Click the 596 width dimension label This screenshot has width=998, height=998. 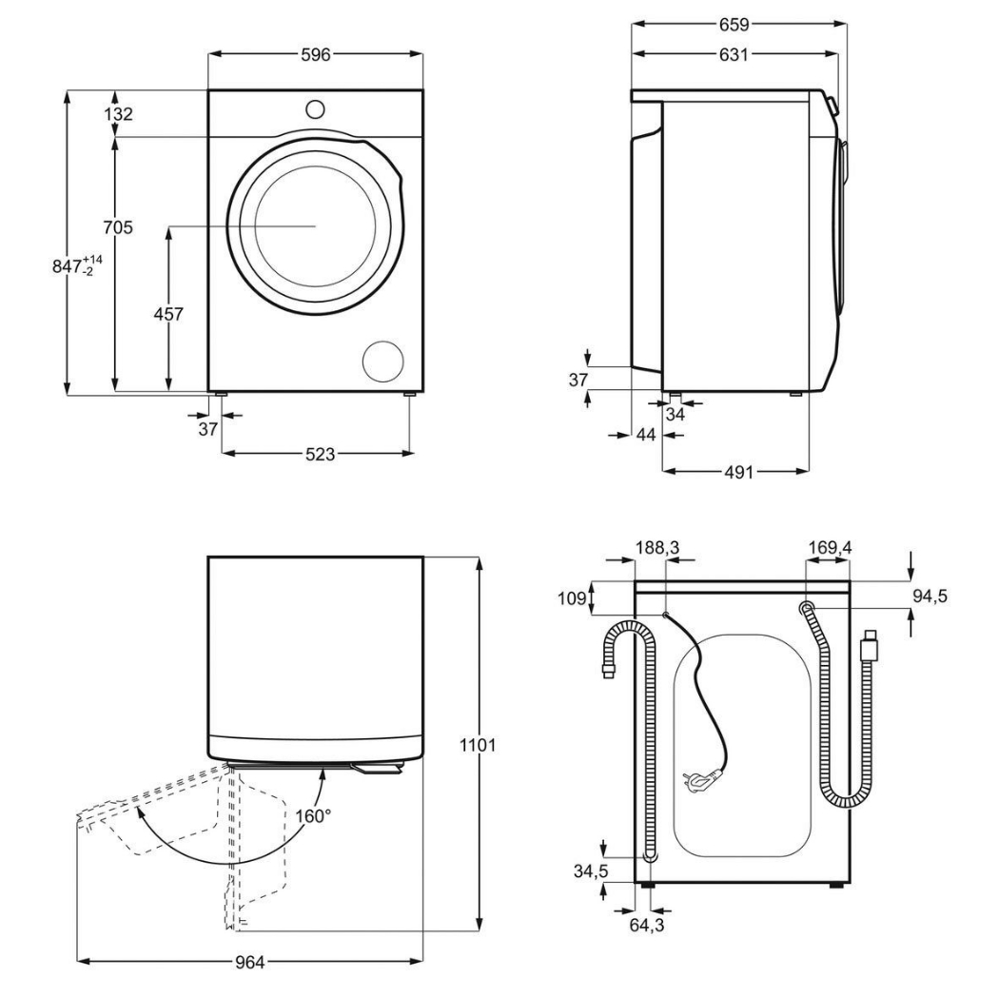coord(316,55)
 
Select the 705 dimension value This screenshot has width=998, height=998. coord(118,226)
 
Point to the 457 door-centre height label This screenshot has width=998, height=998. coord(168,313)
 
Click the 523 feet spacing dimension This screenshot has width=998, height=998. coord(320,454)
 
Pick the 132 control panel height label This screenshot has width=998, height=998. coord(118,114)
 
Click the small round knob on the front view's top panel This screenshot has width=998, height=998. coord(314,108)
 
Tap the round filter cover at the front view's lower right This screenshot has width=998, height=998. coord(383,362)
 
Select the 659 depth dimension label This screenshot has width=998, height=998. coord(734,24)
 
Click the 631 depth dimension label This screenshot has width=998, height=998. coord(734,55)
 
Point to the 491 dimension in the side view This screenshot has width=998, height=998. coord(738,472)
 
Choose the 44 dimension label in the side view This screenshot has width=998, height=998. coord(646,435)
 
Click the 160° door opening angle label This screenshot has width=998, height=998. coord(313,815)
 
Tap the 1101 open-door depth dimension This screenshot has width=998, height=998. coord(478,744)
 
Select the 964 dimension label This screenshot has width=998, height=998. coord(249,962)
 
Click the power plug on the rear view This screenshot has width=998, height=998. coord(701,777)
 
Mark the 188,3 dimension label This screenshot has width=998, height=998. coord(657,547)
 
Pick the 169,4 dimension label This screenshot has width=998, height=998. coord(830,547)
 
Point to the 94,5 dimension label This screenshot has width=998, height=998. coord(930,596)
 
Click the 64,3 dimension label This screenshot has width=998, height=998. coord(647,925)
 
